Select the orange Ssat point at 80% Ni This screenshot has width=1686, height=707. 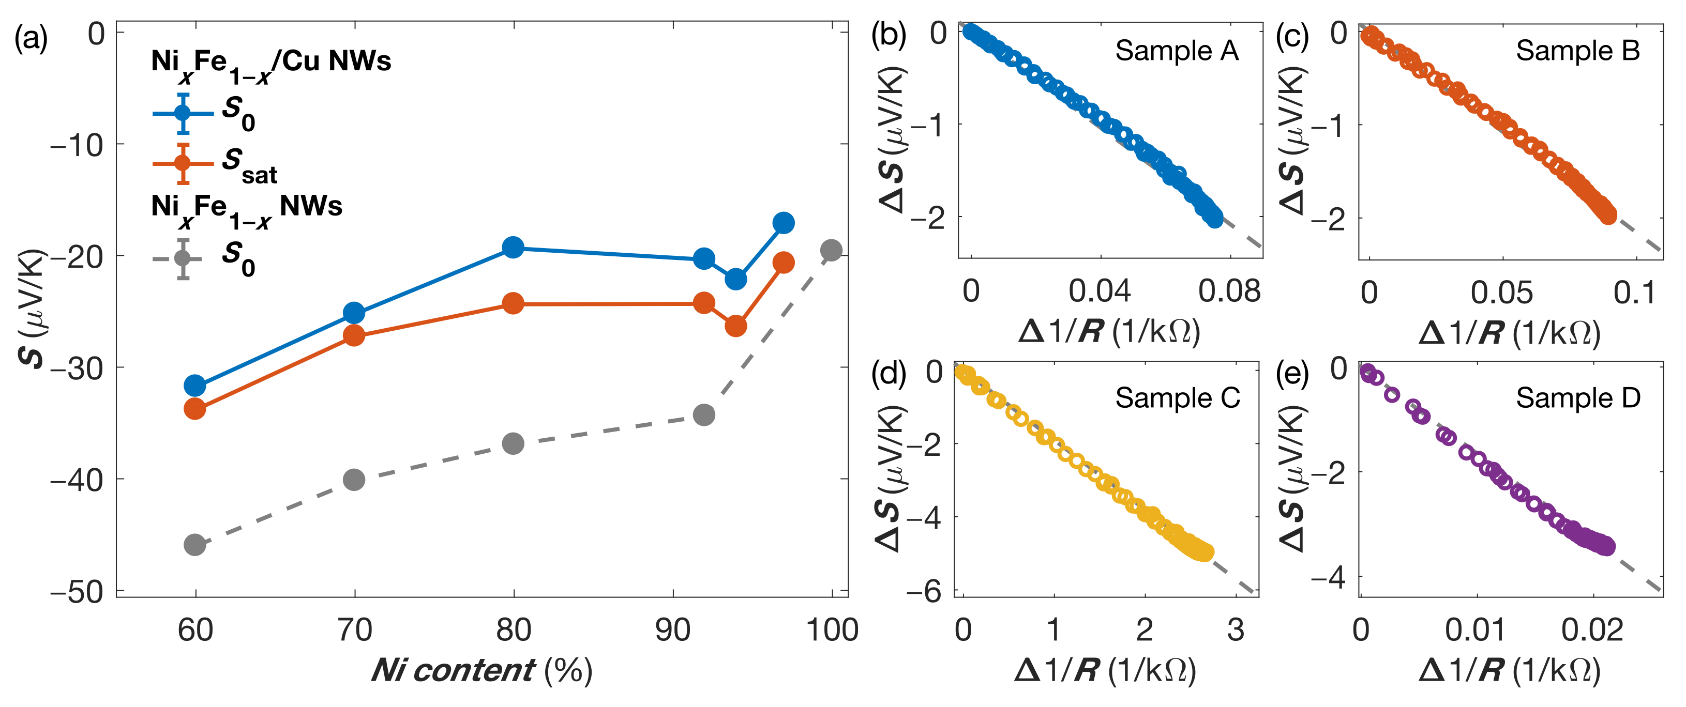513,303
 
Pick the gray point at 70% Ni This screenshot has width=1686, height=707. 354,480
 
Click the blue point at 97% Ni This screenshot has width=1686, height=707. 784,223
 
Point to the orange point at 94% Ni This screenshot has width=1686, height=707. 735,326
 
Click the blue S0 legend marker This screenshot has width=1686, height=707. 183,113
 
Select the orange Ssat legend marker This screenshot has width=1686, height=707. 183,163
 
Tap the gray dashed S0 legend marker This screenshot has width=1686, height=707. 183,259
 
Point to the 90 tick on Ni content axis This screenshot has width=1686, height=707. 673,630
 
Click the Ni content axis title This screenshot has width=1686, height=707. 481,670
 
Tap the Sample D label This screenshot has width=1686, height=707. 1578,397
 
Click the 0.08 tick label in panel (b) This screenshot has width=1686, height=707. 1228,291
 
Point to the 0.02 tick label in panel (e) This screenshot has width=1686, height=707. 1592,631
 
